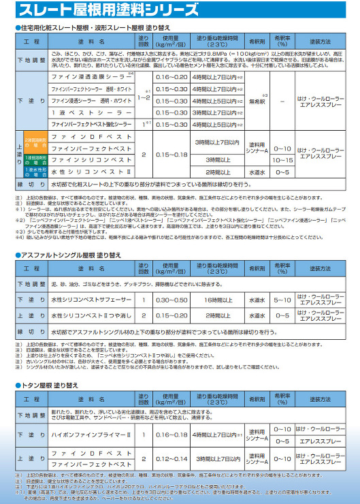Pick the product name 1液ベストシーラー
(89, 112)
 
